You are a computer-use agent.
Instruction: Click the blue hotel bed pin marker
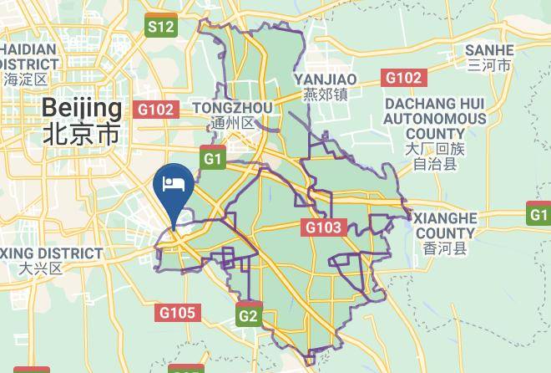[x=174, y=185]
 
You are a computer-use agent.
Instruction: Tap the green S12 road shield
[x=160, y=26]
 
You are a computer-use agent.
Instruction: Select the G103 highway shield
[x=323, y=227]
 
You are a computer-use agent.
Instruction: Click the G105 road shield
[x=177, y=313]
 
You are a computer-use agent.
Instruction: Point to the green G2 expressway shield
[x=248, y=315]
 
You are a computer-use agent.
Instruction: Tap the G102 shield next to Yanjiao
[x=403, y=78]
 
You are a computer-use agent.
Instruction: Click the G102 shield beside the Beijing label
[x=156, y=110]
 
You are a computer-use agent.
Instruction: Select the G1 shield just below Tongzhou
[x=214, y=158]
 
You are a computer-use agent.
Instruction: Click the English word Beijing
[x=81, y=108]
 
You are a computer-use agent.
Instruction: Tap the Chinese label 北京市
[x=81, y=133]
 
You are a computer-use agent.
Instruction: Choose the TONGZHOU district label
[x=232, y=108]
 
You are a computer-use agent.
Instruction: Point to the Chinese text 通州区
[x=232, y=123]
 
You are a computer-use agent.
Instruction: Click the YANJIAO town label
[x=326, y=79]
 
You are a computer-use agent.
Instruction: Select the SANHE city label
[x=489, y=49]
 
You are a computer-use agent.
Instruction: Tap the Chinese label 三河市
[x=489, y=64]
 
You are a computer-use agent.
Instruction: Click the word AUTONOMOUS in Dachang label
[x=434, y=119]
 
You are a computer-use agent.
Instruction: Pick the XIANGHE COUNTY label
[x=446, y=226]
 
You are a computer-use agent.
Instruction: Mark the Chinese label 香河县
[x=446, y=248]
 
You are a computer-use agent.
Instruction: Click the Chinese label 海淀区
[x=26, y=80]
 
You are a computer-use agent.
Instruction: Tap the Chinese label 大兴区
[x=41, y=268]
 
